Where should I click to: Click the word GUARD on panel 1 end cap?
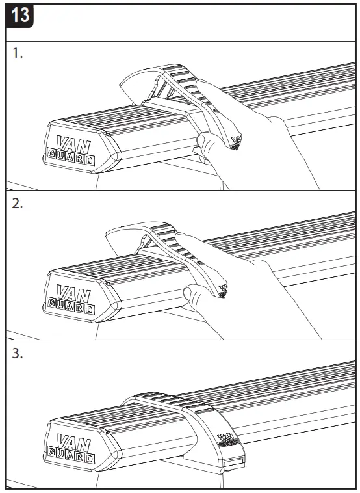tap(70, 157)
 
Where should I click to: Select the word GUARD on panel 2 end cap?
tap(70, 304)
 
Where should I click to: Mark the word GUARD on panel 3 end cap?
tap(70, 456)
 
